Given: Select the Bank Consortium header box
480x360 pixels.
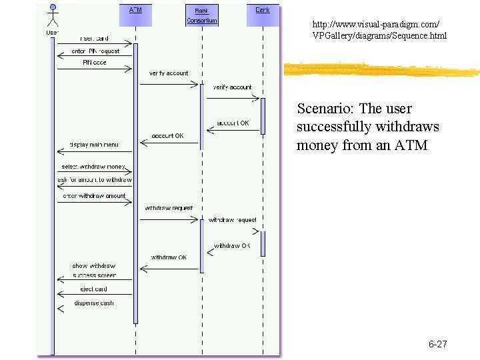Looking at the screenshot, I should (202, 15).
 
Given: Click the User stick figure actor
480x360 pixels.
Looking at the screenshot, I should (52, 17).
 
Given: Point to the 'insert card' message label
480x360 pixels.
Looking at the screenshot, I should (95, 38).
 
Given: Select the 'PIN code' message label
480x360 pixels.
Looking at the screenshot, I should (94, 63).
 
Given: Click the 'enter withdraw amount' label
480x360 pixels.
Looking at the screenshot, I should (94, 196).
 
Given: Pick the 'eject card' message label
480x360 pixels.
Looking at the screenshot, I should (94, 289).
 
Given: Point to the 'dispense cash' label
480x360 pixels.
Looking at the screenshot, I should (94, 303).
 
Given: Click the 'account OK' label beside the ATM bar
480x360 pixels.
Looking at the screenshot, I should (167, 136).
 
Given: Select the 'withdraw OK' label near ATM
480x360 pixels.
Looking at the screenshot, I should (169, 257).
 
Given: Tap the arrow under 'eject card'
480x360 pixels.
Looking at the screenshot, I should (94, 295).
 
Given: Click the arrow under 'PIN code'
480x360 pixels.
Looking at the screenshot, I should (94, 68).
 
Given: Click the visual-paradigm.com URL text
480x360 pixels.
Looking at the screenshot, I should (379, 29).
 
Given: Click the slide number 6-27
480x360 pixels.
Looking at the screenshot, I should (437, 345).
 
